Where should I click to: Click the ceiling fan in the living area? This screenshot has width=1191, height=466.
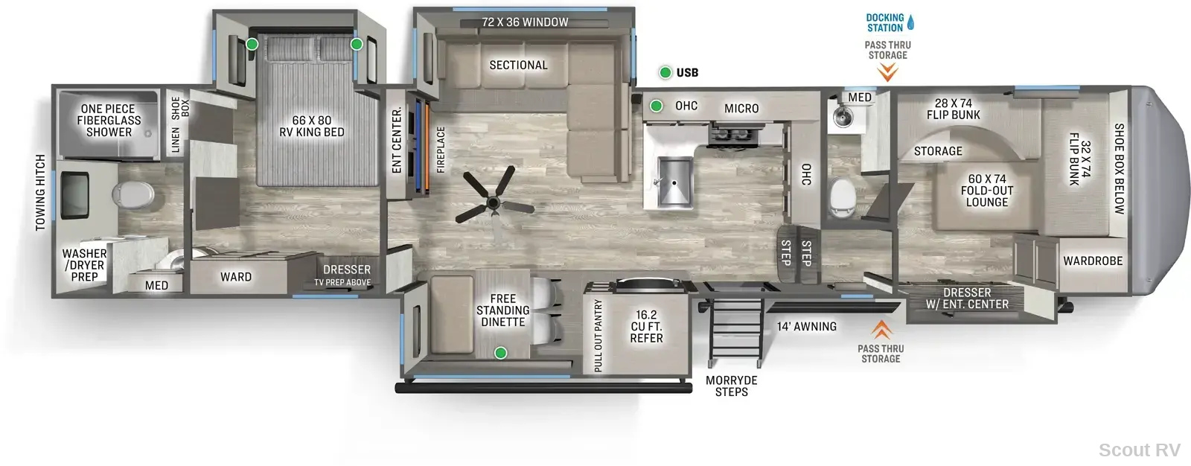(494, 202)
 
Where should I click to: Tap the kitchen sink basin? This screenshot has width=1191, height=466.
(674, 182)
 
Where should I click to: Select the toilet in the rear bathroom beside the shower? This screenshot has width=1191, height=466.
(132, 194)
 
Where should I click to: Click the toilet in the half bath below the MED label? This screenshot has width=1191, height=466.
(842, 197)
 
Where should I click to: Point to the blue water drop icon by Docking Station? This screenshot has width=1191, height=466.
(910, 22)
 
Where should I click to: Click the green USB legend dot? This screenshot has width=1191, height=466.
(665, 72)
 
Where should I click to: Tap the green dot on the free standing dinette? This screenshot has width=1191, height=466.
(500, 353)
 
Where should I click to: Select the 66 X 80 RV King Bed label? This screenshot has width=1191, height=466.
(312, 126)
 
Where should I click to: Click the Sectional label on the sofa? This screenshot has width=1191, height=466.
(518, 65)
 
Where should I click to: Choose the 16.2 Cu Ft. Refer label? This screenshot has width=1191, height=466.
(647, 327)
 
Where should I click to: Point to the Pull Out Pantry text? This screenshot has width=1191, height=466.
(598, 336)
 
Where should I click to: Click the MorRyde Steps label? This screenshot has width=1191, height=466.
(732, 386)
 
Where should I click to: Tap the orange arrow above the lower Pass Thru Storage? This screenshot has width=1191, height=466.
(881, 330)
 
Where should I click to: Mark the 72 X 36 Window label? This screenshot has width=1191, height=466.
(525, 22)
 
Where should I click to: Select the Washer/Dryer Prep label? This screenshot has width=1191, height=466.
(84, 265)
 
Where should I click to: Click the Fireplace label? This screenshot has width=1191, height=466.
(441, 150)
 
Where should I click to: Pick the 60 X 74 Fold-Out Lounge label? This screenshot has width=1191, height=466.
(987, 191)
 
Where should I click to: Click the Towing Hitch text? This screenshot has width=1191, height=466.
(41, 193)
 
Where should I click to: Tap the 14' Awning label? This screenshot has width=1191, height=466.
(807, 327)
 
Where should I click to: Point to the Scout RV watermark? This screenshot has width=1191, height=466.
(1140, 450)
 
